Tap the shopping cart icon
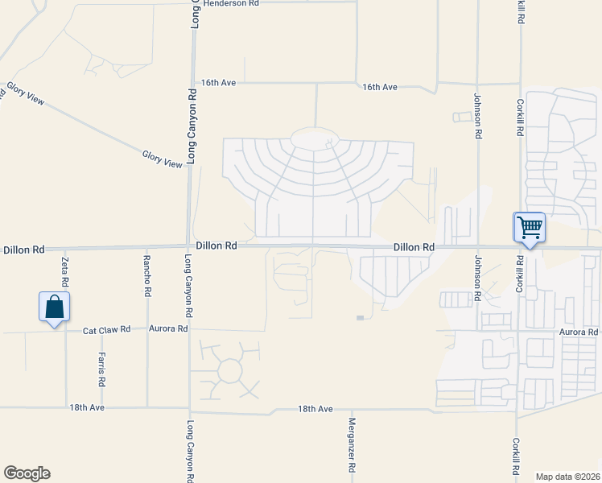pyautogui.click(x=530, y=227)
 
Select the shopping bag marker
pyautogui.click(x=54, y=308)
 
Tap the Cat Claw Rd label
pyautogui.click(x=108, y=330)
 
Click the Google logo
pyautogui.click(x=27, y=473)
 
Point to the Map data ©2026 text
pyautogui.click(x=568, y=477)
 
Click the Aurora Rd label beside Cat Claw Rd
pyautogui.click(x=168, y=328)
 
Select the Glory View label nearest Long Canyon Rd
pyautogui.click(x=163, y=159)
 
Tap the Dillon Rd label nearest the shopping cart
pyautogui.click(x=414, y=247)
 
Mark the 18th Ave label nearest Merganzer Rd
pyautogui.click(x=315, y=409)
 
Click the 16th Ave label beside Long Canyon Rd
pyautogui.click(x=218, y=83)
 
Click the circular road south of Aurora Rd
pyautogui.click(x=229, y=371)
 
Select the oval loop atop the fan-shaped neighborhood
pyautogui.click(x=314, y=138)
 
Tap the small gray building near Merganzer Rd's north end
pyautogui.click(x=360, y=318)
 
